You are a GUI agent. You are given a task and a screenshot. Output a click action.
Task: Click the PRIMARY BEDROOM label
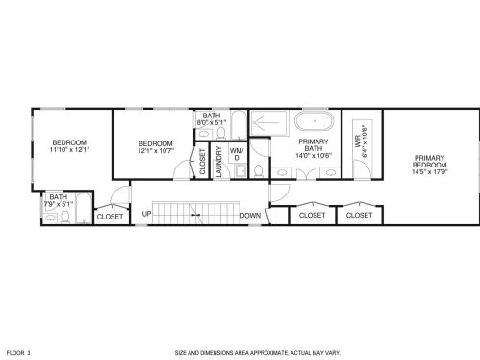429,162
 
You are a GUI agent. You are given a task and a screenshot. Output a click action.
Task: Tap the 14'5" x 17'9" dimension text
430,171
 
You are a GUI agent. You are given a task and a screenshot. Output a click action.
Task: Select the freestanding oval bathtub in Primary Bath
315,121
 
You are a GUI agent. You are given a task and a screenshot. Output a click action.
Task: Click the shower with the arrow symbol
268,123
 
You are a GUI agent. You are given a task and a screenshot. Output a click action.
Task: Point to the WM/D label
237,154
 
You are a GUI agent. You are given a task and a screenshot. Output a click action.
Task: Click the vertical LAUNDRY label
219,162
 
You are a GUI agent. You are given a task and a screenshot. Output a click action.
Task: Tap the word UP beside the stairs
146,214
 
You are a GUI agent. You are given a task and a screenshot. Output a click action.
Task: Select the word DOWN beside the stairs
250,216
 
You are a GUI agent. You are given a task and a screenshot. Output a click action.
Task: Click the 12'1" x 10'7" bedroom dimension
156,150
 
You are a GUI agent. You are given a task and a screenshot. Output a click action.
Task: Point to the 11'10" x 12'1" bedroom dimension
69,149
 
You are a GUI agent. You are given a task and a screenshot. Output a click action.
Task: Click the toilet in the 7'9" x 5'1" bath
65,218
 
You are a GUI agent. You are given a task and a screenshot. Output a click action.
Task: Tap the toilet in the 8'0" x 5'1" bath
221,133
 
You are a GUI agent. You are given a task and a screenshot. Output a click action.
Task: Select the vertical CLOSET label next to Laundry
202,162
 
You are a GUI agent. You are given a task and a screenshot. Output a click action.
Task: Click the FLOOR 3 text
18,353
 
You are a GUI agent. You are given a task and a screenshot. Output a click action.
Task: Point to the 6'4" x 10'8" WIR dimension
365,141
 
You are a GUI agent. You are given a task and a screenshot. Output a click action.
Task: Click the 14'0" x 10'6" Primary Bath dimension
314,156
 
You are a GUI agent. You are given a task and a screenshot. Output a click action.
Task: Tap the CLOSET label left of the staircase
110,217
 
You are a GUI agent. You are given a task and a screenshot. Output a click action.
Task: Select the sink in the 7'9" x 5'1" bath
50,219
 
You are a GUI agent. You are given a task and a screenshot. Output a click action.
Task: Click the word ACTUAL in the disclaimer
300,353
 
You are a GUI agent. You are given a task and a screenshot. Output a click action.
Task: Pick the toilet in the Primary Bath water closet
259,171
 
